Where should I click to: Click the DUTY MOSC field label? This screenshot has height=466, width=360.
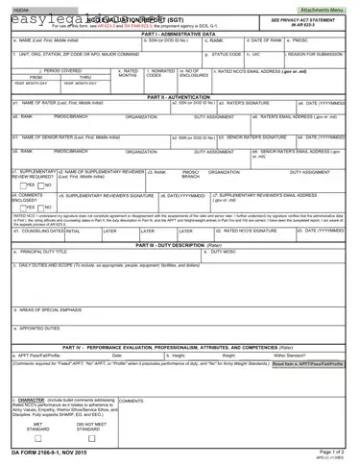tap(200, 251)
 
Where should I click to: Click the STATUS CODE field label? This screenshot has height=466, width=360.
tap(226, 54)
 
